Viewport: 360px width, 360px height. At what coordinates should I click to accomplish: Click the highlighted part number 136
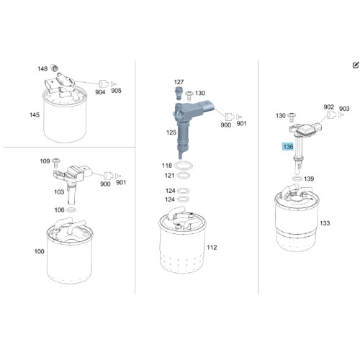(x=288, y=146)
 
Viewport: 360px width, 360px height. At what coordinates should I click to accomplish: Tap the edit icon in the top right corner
(x=356, y=65)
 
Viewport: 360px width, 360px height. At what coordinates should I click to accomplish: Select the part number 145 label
(x=35, y=114)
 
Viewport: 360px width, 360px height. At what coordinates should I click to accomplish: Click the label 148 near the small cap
(x=42, y=69)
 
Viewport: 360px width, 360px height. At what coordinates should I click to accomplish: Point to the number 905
(x=116, y=91)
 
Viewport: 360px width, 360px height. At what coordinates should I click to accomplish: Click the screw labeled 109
(x=56, y=163)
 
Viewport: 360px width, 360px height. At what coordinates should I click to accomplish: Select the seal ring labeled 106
(x=71, y=210)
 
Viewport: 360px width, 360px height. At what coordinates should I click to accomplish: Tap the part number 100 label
(x=39, y=251)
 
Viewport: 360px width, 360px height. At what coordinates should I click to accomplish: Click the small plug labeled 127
(x=178, y=94)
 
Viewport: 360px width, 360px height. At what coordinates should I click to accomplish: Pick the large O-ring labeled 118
(x=184, y=166)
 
